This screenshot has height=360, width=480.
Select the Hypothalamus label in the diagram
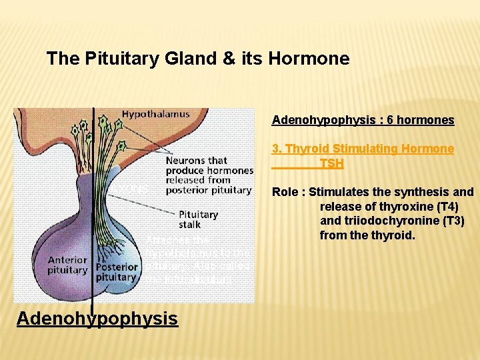[155, 114]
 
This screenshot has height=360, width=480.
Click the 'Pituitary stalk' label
[198, 219]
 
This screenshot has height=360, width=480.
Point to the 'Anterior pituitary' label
[67, 265]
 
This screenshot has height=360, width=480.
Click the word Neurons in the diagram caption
[186, 161]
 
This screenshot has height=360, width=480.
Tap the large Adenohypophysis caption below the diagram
[97, 319]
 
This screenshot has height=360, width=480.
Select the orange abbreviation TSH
[331, 163]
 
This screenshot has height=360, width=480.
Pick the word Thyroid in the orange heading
[306, 149]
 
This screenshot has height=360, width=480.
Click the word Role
[285, 193]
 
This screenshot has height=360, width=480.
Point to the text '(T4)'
[460, 207]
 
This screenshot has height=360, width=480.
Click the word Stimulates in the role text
[338, 193]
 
